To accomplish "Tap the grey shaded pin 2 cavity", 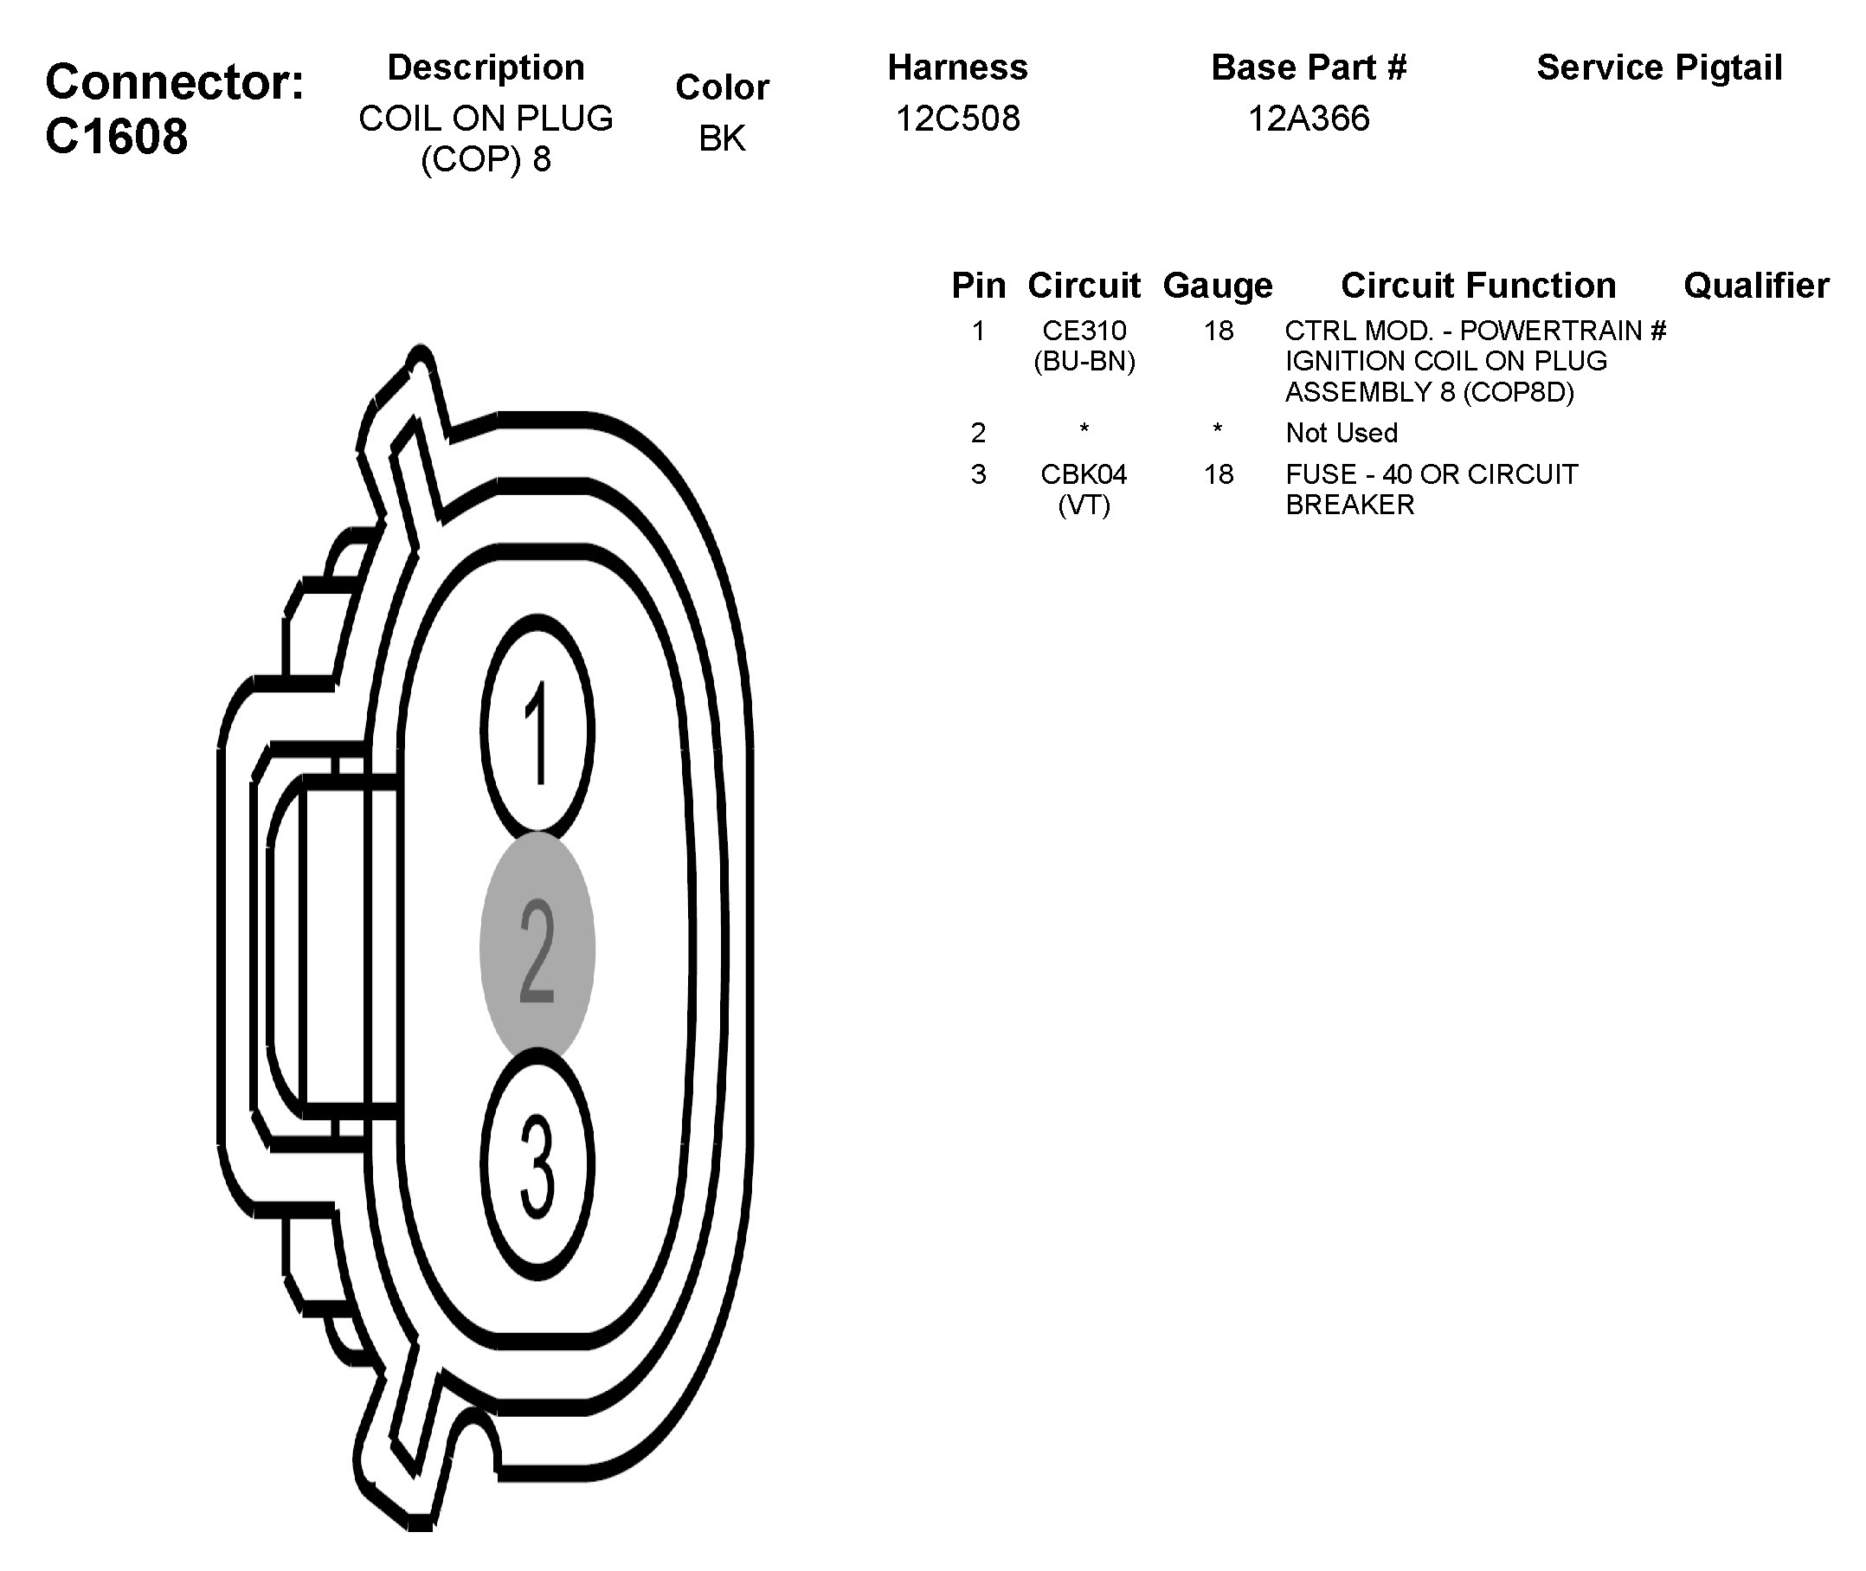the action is click(x=537, y=947).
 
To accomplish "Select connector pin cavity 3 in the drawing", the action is click(x=537, y=1166).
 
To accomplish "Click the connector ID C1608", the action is click(x=116, y=136).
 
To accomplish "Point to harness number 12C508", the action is click(x=957, y=119).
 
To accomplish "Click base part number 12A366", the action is click(x=1308, y=119).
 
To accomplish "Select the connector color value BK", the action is click(x=721, y=138).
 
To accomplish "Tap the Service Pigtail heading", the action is click(x=1658, y=68).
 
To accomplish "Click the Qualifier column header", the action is click(x=1755, y=286).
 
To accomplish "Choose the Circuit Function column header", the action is click(x=1478, y=286).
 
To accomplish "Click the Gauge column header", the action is click(x=1217, y=286).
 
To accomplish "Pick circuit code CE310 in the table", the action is click(x=1084, y=331).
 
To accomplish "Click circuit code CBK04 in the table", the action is click(x=1084, y=473).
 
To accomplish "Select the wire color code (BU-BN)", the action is click(x=1084, y=362).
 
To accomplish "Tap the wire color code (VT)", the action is click(x=1084, y=505).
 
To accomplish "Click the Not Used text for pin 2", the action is click(x=1341, y=433).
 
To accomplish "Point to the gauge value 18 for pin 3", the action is click(x=1218, y=473).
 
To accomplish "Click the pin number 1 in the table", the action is click(x=977, y=331).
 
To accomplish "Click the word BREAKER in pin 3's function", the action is click(x=1349, y=505).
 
